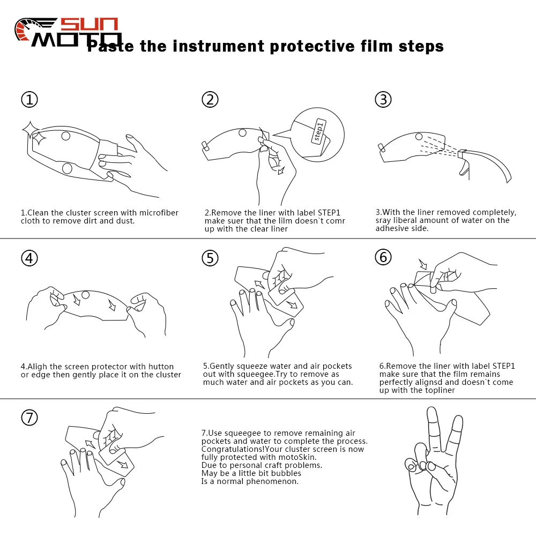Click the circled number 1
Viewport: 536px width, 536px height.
click(29, 100)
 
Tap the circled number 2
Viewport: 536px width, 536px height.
click(210, 100)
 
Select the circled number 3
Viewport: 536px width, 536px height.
click(383, 100)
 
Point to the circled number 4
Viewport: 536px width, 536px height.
click(29, 258)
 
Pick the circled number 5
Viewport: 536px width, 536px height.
click(210, 258)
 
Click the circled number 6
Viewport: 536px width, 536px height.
click(383, 257)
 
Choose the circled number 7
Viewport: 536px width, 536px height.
click(29, 418)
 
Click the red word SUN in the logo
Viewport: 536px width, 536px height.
click(89, 24)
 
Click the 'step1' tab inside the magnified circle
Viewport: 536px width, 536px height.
click(318, 131)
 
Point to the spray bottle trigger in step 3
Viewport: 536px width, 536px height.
click(464, 167)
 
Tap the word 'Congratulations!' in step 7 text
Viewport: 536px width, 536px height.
click(233, 449)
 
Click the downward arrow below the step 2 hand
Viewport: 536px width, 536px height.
click(281, 169)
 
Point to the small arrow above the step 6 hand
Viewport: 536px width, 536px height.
click(423, 264)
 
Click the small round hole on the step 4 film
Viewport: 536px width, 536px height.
click(85, 295)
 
